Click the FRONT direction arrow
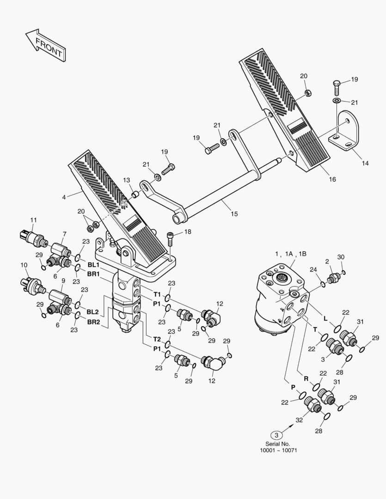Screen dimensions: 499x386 pos(45,46)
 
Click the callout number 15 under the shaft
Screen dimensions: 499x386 pos(234,213)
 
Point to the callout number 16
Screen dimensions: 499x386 pos(332,179)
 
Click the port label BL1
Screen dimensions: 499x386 pos(93,265)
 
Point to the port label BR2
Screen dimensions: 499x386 pos(93,322)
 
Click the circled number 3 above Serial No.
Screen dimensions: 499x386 pos(276,435)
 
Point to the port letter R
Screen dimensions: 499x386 pos(306,378)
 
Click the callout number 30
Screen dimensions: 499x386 pos(341,257)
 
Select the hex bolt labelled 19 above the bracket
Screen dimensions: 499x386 pos(337,85)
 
